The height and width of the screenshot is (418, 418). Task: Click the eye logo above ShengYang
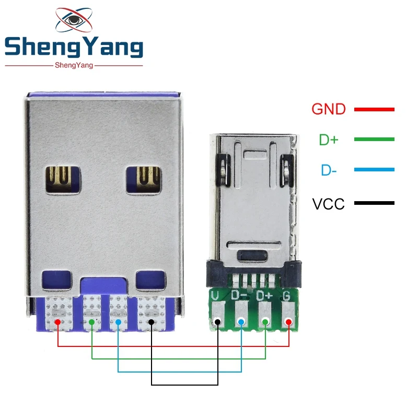coord(74,20)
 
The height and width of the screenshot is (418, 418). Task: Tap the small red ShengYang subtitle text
coord(74,65)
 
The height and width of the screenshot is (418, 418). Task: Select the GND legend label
coord(329,109)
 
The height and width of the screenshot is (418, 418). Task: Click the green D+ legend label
coord(329,140)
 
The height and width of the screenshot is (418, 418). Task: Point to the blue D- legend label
coord(329,170)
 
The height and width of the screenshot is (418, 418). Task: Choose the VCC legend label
coord(328,204)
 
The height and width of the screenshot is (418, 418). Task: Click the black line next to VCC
coord(374,203)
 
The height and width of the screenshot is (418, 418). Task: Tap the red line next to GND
coord(374,109)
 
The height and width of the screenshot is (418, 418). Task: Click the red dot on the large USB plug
coord(57,322)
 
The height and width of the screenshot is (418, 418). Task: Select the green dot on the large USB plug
coord(92,322)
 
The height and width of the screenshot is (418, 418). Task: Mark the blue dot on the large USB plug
coord(119,322)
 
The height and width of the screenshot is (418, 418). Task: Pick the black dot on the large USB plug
coord(151,322)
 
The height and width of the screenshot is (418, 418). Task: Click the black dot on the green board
coord(217,322)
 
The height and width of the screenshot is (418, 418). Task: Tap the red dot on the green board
coord(288,322)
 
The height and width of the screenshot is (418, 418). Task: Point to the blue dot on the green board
coord(241,322)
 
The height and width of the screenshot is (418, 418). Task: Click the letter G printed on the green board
coord(286,296)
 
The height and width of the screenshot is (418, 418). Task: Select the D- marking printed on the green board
coord(239,295)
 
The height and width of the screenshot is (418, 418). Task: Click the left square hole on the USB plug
coord(63,180)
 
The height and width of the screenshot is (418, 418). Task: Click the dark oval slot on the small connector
coord(252,256)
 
